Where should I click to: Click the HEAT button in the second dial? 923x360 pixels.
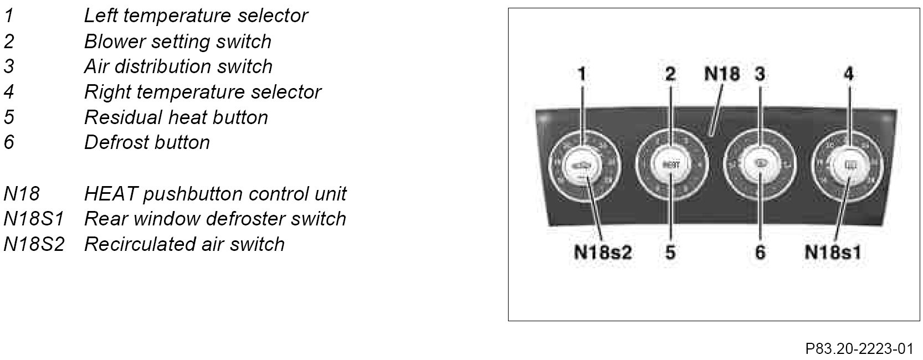(x=670, y=164)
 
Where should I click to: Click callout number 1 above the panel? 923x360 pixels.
(x=582, y=74)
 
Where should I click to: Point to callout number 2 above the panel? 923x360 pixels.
(x=670, y=74)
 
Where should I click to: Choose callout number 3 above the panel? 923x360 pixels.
(x=760, y=74)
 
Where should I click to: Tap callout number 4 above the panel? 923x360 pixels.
(x=848, y=74)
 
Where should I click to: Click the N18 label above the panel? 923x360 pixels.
(x=721, y=74)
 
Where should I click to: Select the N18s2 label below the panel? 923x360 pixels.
(x=603, y=253)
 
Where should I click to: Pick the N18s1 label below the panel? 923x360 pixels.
(x=833, y=253)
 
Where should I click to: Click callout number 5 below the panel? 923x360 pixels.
(x=670, y=253)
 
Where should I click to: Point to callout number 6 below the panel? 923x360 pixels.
(x=760, y=253)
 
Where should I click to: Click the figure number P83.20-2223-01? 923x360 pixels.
(x=859, y=349)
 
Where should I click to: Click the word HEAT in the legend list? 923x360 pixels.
(x=110, y=194)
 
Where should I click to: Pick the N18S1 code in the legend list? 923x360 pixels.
(x=33, y=219)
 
